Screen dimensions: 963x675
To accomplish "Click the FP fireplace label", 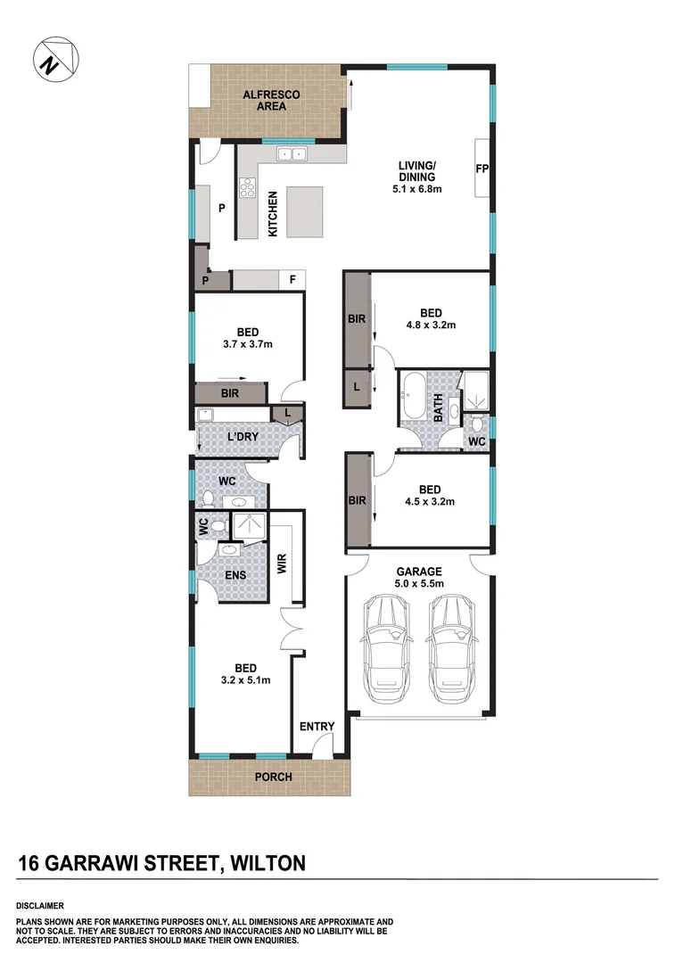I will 482,169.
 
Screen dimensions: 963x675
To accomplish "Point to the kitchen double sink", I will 291,155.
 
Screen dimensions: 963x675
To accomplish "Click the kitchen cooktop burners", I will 247,188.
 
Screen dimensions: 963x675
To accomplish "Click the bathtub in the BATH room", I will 415,397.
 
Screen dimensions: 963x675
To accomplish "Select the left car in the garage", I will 386,641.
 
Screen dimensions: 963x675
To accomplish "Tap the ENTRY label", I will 317,727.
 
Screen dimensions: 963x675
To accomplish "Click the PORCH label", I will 273,777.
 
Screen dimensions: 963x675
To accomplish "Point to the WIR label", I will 282,564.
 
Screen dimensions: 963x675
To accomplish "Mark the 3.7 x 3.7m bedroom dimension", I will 248,343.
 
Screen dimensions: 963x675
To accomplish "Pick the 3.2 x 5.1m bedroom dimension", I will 246,679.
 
